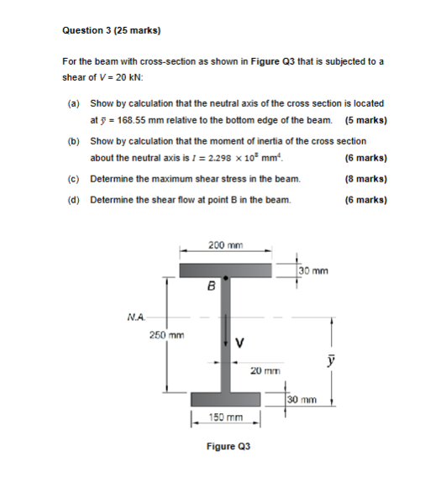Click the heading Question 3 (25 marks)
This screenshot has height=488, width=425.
(111, 31)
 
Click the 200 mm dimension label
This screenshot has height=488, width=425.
(224, 244)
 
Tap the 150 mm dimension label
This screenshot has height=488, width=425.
(226, 417)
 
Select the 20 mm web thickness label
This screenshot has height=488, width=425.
(264, 370)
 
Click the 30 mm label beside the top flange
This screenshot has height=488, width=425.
(314, 270)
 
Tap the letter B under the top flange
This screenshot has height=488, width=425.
(212, 286)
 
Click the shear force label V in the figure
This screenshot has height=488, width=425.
(240, 342)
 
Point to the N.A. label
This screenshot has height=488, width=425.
(136, 317)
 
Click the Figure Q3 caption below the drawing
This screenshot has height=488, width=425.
(228, 447)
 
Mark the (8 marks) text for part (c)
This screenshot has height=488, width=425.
(365, 179)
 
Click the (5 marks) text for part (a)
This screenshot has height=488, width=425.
(365, 120)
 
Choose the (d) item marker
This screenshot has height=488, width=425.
(74, 200)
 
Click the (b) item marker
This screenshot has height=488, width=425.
(74, 141)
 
